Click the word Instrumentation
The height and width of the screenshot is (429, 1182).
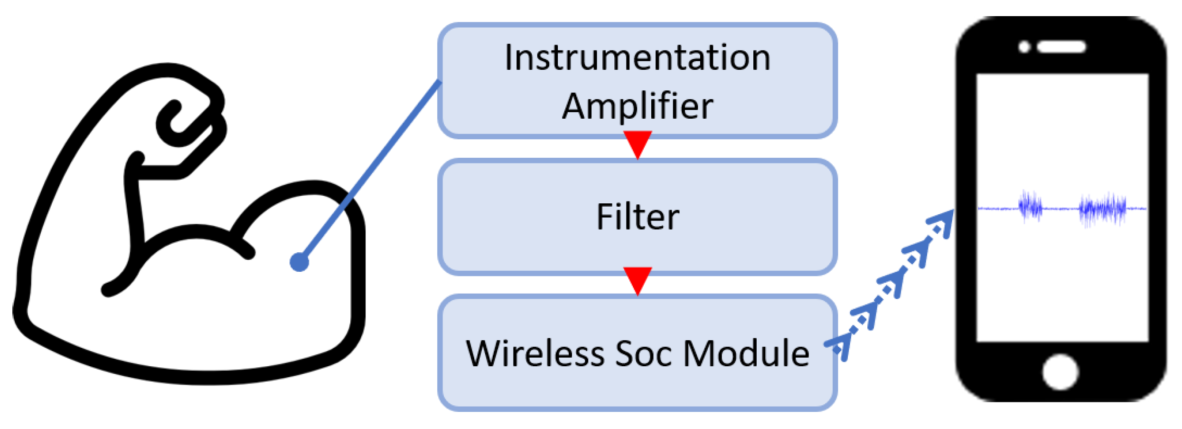point(637,58)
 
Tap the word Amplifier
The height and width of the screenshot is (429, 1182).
point(637,106)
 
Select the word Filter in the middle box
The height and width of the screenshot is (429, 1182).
point(637,217)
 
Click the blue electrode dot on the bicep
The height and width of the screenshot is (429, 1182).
point(300,262)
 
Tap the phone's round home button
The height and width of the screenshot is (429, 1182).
point(1060,372)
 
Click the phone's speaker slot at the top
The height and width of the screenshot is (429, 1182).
point(1061,47)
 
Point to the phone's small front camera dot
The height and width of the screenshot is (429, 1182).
point(1024,47)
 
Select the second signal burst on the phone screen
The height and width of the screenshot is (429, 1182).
point(1102,209)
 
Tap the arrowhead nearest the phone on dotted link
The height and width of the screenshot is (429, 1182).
point(942,221)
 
